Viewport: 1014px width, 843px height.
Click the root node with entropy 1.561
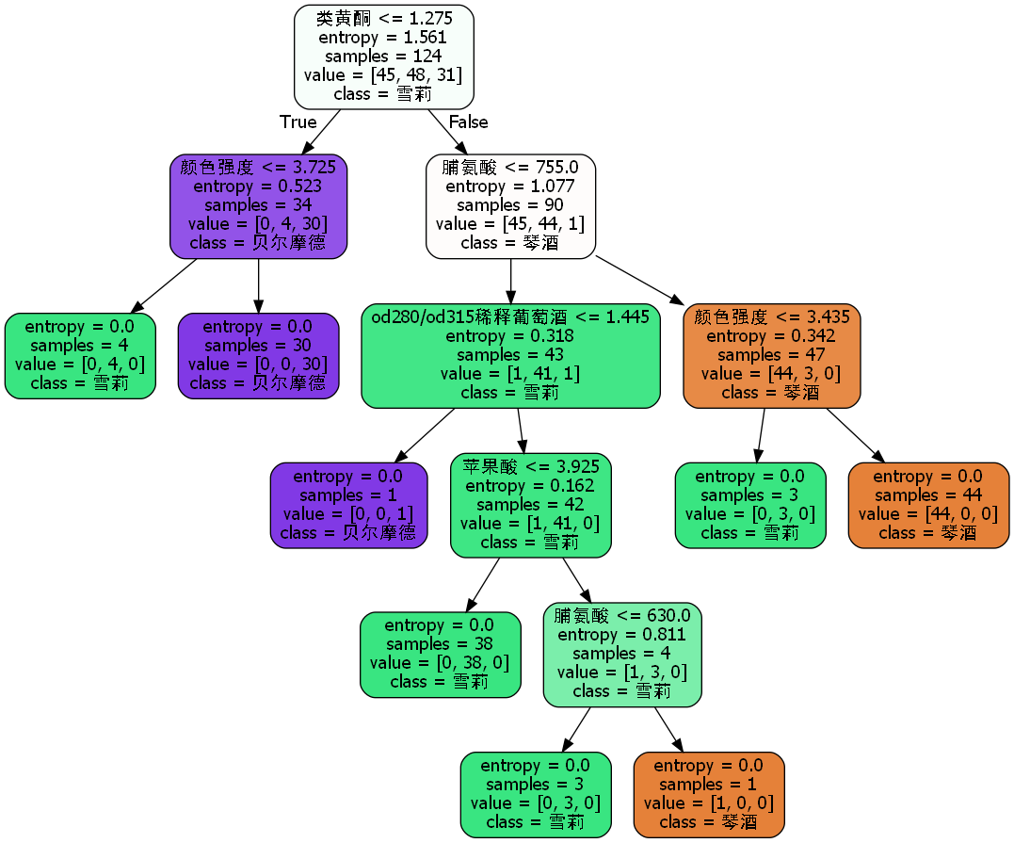(x=383, y=57)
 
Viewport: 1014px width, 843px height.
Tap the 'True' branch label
(x=298, y=122)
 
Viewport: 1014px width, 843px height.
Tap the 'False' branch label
(x=468, y=122)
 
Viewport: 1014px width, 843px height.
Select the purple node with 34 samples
(x=258, y=205)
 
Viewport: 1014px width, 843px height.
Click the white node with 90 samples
(x=510, y=205)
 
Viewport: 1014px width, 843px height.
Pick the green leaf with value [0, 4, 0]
(x=80, y=355)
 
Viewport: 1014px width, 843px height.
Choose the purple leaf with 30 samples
(x=258, y=355)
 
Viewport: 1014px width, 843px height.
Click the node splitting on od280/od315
(x=510, y=355)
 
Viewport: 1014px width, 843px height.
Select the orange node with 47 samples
(x=771, y=355)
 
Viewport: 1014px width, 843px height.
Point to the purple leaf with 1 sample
(x=348, y=505)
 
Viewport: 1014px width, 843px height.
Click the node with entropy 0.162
(x=530, y=505)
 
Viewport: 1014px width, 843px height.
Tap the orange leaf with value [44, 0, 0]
(x=927, y=505)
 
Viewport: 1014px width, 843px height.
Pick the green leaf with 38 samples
(x=440, y=654)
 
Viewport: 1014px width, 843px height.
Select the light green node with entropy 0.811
(x=622, y=654)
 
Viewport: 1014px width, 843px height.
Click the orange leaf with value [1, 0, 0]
(x=709, y=794)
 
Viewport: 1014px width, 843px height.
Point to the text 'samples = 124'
(x=383, y=57)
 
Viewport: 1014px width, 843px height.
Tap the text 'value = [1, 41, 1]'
(x=510, y=374)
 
